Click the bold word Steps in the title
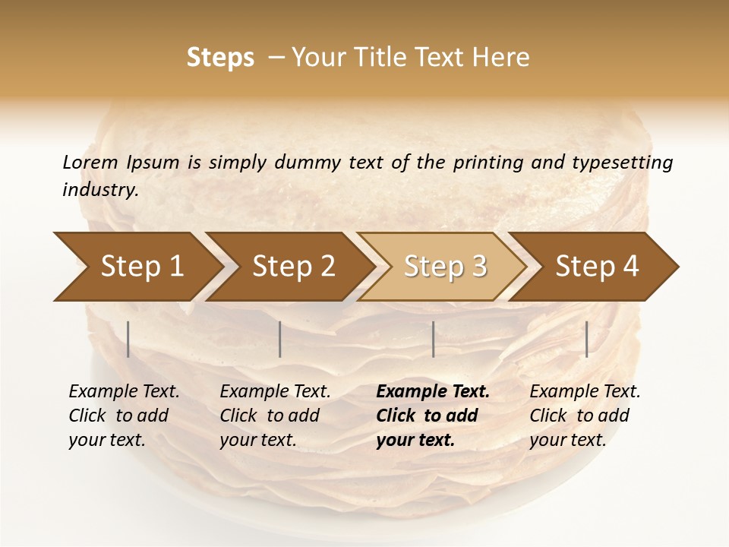click(220, 58)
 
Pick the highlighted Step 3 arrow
click(445, 266)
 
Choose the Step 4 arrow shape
click(597, 266)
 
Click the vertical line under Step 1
click(128, 339)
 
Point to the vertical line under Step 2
click(280, 339)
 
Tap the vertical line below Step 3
click(434, 339)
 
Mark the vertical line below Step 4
click(587, 339)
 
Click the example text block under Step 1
click(124, 416)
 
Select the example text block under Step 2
click(275, 416)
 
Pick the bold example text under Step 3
click(433, 416)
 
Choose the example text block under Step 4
click(585, 416)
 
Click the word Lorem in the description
click(90, 162)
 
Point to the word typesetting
click(622, 163)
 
